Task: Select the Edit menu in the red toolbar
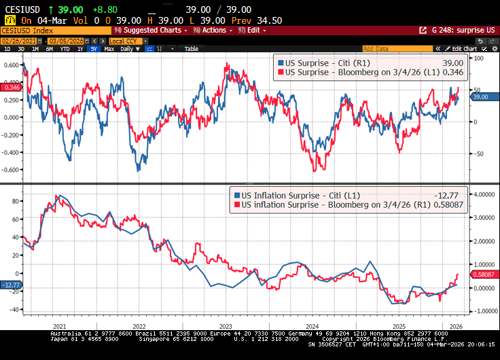(253, 31)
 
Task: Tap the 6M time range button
(50, 49)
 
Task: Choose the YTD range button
(65, 49)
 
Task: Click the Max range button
(109, 49)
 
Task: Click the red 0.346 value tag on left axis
(12, 88)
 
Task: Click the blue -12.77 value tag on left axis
(11, 285)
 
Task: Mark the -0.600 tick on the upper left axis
(11, 170)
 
